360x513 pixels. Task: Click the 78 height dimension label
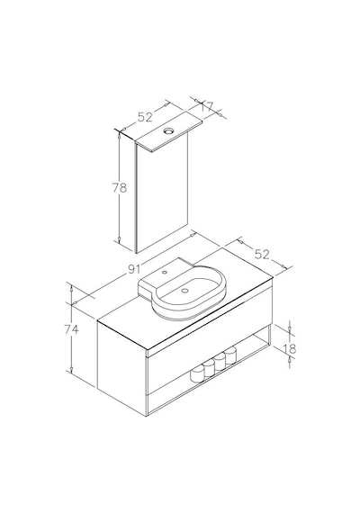point(120,188)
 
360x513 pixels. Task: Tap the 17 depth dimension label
point(207,106)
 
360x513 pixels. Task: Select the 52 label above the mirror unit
point(145,117)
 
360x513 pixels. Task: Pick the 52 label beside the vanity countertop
point(262,254)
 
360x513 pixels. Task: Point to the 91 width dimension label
point(134,269)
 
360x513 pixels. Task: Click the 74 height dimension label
point(71,329)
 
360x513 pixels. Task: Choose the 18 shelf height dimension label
point(290,349)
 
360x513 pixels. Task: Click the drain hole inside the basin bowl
point(184,290)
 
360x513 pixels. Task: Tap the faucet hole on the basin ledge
point(166,272)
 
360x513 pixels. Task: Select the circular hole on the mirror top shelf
point(169,130)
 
